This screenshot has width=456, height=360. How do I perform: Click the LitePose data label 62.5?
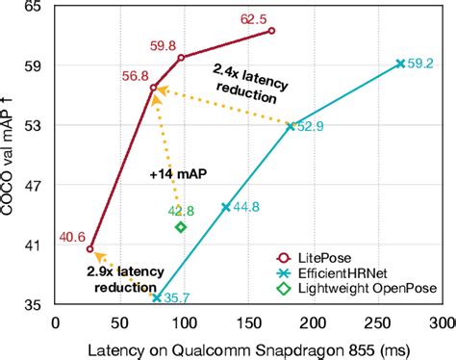254,19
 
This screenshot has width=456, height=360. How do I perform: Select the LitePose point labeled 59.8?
182,58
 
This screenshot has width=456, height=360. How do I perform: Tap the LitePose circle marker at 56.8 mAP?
153,88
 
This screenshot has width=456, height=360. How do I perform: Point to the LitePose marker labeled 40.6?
90,249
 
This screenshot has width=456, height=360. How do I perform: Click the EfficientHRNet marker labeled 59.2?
400,64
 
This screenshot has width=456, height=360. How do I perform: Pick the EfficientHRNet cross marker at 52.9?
291,125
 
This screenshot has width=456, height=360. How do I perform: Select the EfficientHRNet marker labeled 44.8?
225,207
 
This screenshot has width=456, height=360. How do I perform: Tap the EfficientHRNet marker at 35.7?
156,298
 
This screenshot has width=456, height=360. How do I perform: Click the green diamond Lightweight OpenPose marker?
180,227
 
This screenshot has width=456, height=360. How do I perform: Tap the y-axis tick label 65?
34,8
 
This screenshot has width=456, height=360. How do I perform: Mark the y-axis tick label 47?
34,186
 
